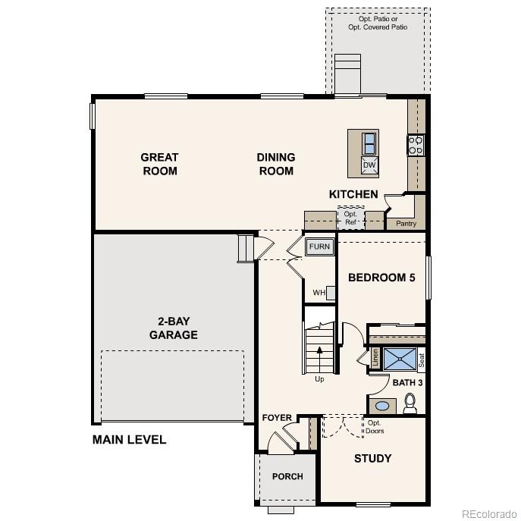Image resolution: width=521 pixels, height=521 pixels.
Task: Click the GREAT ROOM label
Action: tap(159, 164)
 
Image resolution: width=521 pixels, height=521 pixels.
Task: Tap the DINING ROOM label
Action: tap(276, 164)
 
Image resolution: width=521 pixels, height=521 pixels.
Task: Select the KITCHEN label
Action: tap(353, 195)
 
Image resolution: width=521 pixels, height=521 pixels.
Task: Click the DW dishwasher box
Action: tap(369, 165)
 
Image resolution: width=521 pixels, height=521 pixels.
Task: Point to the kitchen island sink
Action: tap(369, 143)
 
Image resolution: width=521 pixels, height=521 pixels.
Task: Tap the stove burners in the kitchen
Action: tap(416, 145)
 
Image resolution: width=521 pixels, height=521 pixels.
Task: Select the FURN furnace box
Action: tap(319, 247)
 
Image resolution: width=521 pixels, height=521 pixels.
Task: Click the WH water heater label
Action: tap(319, 293)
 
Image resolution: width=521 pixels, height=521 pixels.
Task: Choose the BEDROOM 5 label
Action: tap(381, 278)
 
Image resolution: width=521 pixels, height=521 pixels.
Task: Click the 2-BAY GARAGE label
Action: tap(173, 328)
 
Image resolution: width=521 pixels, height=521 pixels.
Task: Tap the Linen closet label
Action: tap(375, 357)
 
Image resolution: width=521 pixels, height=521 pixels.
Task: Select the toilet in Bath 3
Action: tap(410, 402)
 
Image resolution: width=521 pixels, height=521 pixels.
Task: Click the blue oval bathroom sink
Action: tap(382, 406)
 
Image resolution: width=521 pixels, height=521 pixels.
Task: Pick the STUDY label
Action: tap(373, 458)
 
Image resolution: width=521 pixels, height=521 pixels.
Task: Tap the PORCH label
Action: tap(287, 477)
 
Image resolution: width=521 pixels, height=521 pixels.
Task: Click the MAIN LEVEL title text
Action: tap(129, 440)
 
